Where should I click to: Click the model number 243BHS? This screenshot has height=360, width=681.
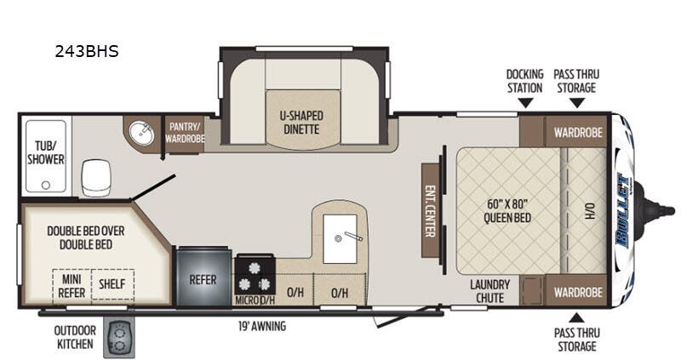pyautogui.click(x=86, y=51)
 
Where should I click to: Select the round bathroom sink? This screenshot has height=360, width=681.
pyautogui.click(x=142, y=133)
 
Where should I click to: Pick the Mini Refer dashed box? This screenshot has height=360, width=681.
pyautogui.click(x=72, y=283)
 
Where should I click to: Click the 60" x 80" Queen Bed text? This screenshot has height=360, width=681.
pyautogui.click(x=508, y=209)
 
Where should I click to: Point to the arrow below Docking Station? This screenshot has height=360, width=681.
pyautogui.click(x=524, y=103)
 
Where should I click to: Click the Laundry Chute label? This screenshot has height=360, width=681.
pyautogui.click(x=490, y=290)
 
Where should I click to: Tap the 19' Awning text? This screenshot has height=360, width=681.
pyautogui.click(x=262, y=326)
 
